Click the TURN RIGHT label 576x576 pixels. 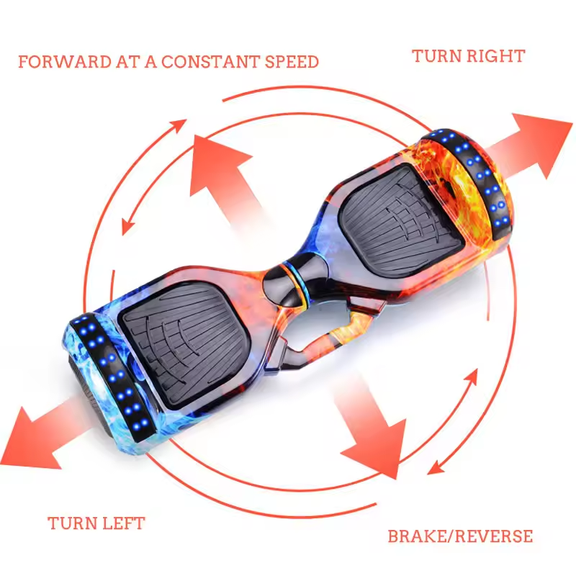click(x=468, y=55)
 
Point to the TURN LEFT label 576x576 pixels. click(x=96, y=523)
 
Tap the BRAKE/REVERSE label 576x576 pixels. click(x=460, y=536)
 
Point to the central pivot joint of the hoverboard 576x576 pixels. click(x=292, y=277)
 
